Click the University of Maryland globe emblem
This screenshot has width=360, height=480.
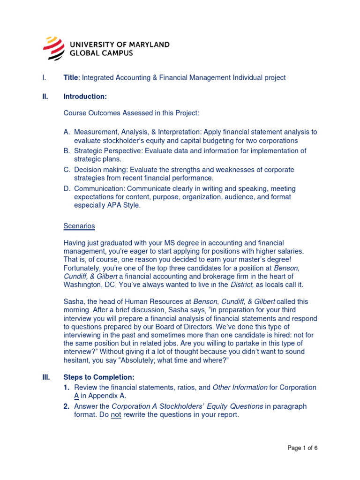pos(54,48)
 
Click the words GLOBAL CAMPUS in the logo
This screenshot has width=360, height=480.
pos(101,53)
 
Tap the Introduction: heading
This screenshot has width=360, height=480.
pos(85,97)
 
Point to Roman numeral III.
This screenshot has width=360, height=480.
pos(46,377)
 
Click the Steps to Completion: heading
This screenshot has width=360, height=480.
pos(99,377)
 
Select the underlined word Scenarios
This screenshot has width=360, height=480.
pos(79,226)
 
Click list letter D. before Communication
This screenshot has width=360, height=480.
pos(67,188)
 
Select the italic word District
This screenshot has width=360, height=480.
pos(242,285)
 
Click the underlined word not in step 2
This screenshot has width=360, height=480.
pos(116,415)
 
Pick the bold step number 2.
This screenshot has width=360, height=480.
pos(67,406)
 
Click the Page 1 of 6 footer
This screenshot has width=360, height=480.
pos(302,448)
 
